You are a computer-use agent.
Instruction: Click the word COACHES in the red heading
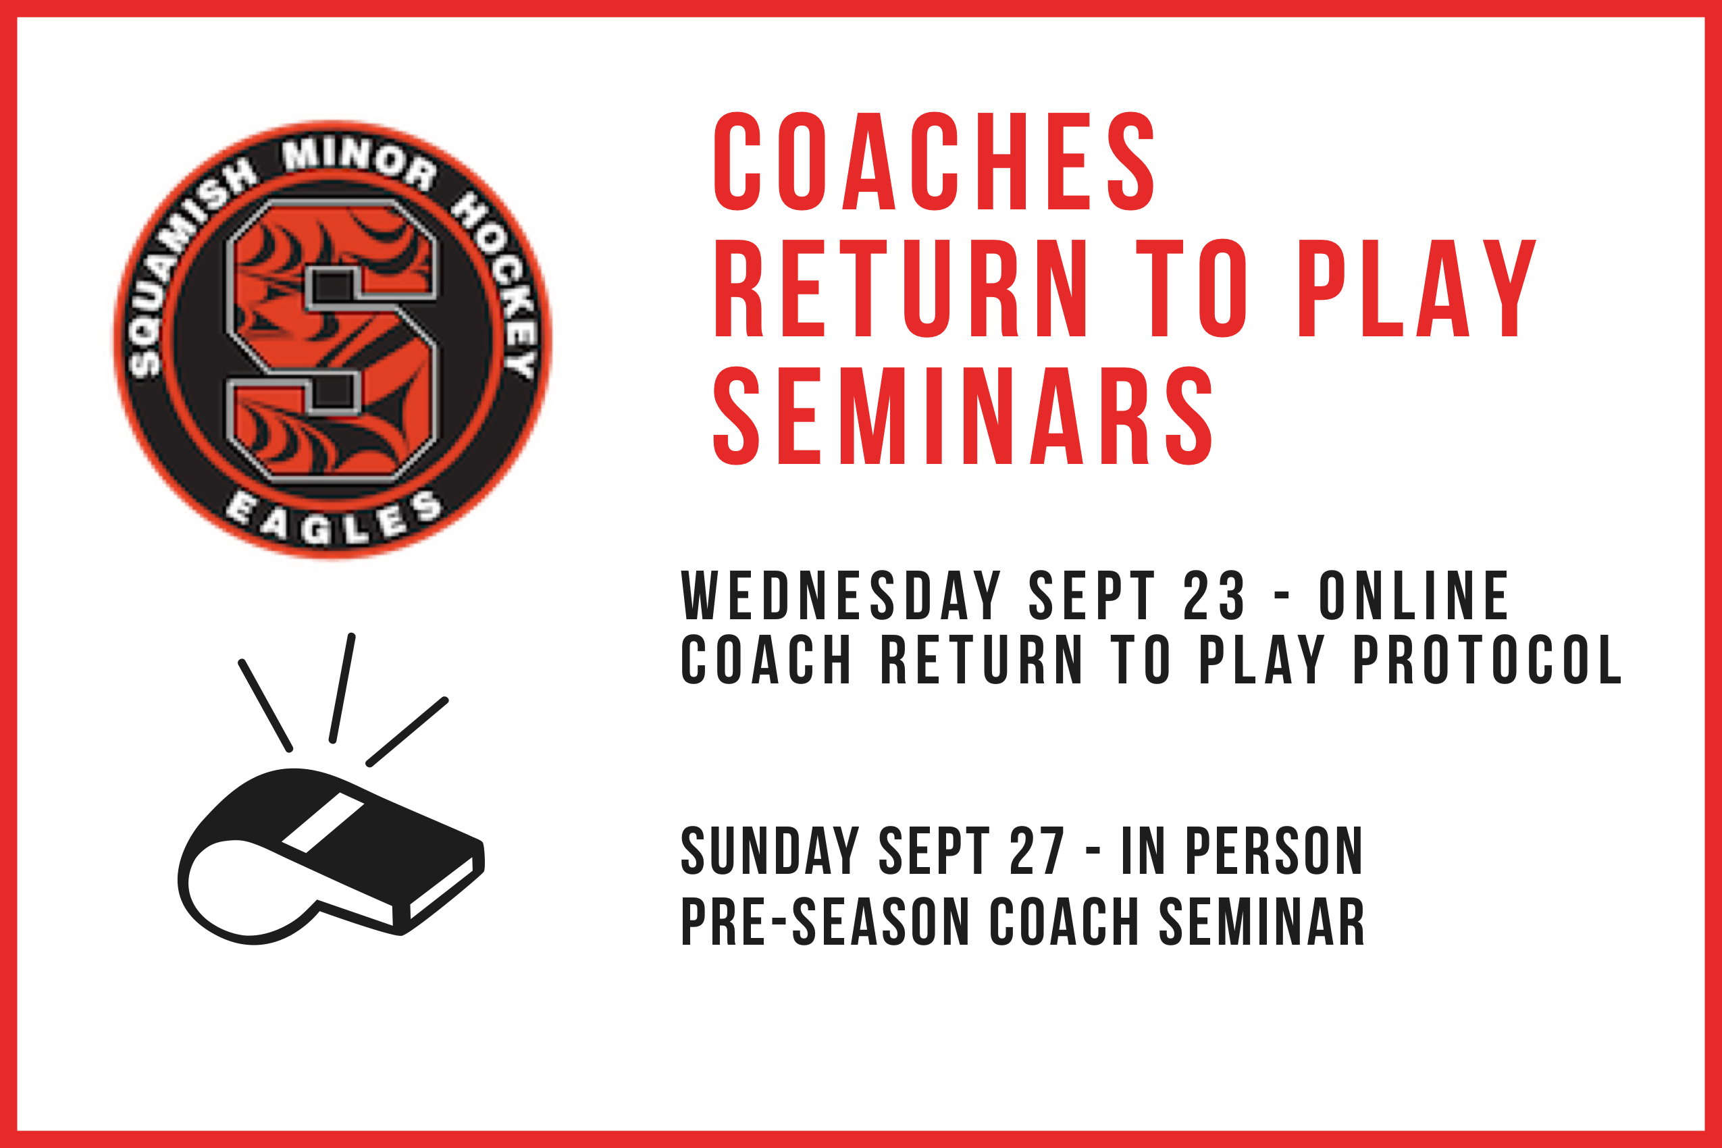933,161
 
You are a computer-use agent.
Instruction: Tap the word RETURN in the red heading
902,288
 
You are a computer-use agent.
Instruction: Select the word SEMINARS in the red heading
963,416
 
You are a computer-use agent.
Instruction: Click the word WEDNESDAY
841,595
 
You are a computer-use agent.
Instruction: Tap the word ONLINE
1415,595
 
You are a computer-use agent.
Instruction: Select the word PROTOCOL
1488,660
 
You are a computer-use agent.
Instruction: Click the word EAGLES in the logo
334,519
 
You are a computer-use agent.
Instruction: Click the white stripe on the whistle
323,823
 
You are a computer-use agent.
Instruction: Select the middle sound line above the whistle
342,689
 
